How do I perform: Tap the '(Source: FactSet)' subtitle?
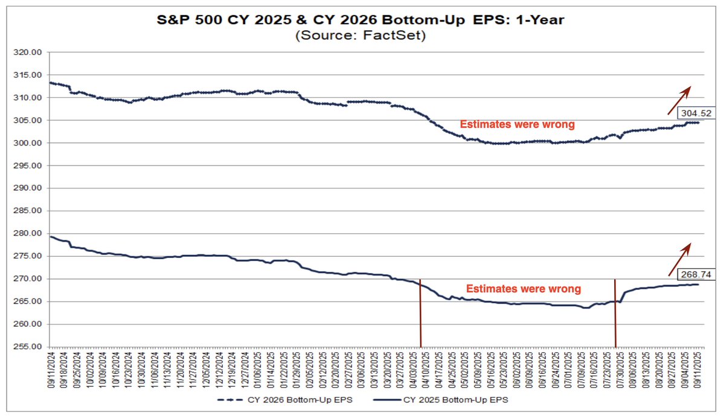tap(361, 36)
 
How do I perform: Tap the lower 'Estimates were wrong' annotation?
tap(524, 289)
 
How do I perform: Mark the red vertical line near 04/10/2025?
tap(420, 314)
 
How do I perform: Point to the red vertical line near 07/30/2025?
tap(615, 314)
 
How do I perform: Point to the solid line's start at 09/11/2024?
tap(51, 237)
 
